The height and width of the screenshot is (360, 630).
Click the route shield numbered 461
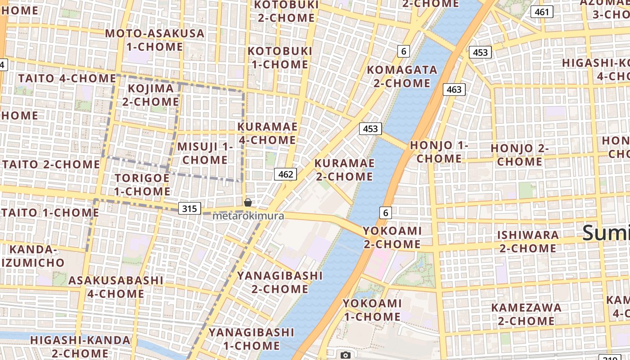point(542,12)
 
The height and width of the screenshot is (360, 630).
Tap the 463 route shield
point(454,90)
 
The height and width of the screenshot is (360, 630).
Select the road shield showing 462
point(285,174)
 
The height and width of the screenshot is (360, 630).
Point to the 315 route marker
point(189,208)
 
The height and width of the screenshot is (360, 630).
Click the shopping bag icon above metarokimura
point(247,202)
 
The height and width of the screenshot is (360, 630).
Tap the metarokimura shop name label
point(248,216)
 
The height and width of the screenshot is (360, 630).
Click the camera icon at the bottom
point(345,355)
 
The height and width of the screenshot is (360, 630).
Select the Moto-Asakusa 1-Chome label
point(155,40)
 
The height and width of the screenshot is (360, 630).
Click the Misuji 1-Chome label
point(205,153)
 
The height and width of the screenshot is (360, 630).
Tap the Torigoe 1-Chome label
point(142,184)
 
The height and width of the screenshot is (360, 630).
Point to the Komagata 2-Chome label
point(402,76)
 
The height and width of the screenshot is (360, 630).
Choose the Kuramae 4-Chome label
point(267,133)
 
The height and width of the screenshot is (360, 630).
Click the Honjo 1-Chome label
point(439,152)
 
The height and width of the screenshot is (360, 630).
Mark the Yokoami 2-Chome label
point(391,238)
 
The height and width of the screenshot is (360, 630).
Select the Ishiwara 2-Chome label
point(527,242)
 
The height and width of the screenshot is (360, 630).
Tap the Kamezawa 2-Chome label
point(526,314)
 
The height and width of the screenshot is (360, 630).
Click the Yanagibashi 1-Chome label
point(252,339)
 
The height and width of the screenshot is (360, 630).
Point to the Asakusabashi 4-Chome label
point(116,287)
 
